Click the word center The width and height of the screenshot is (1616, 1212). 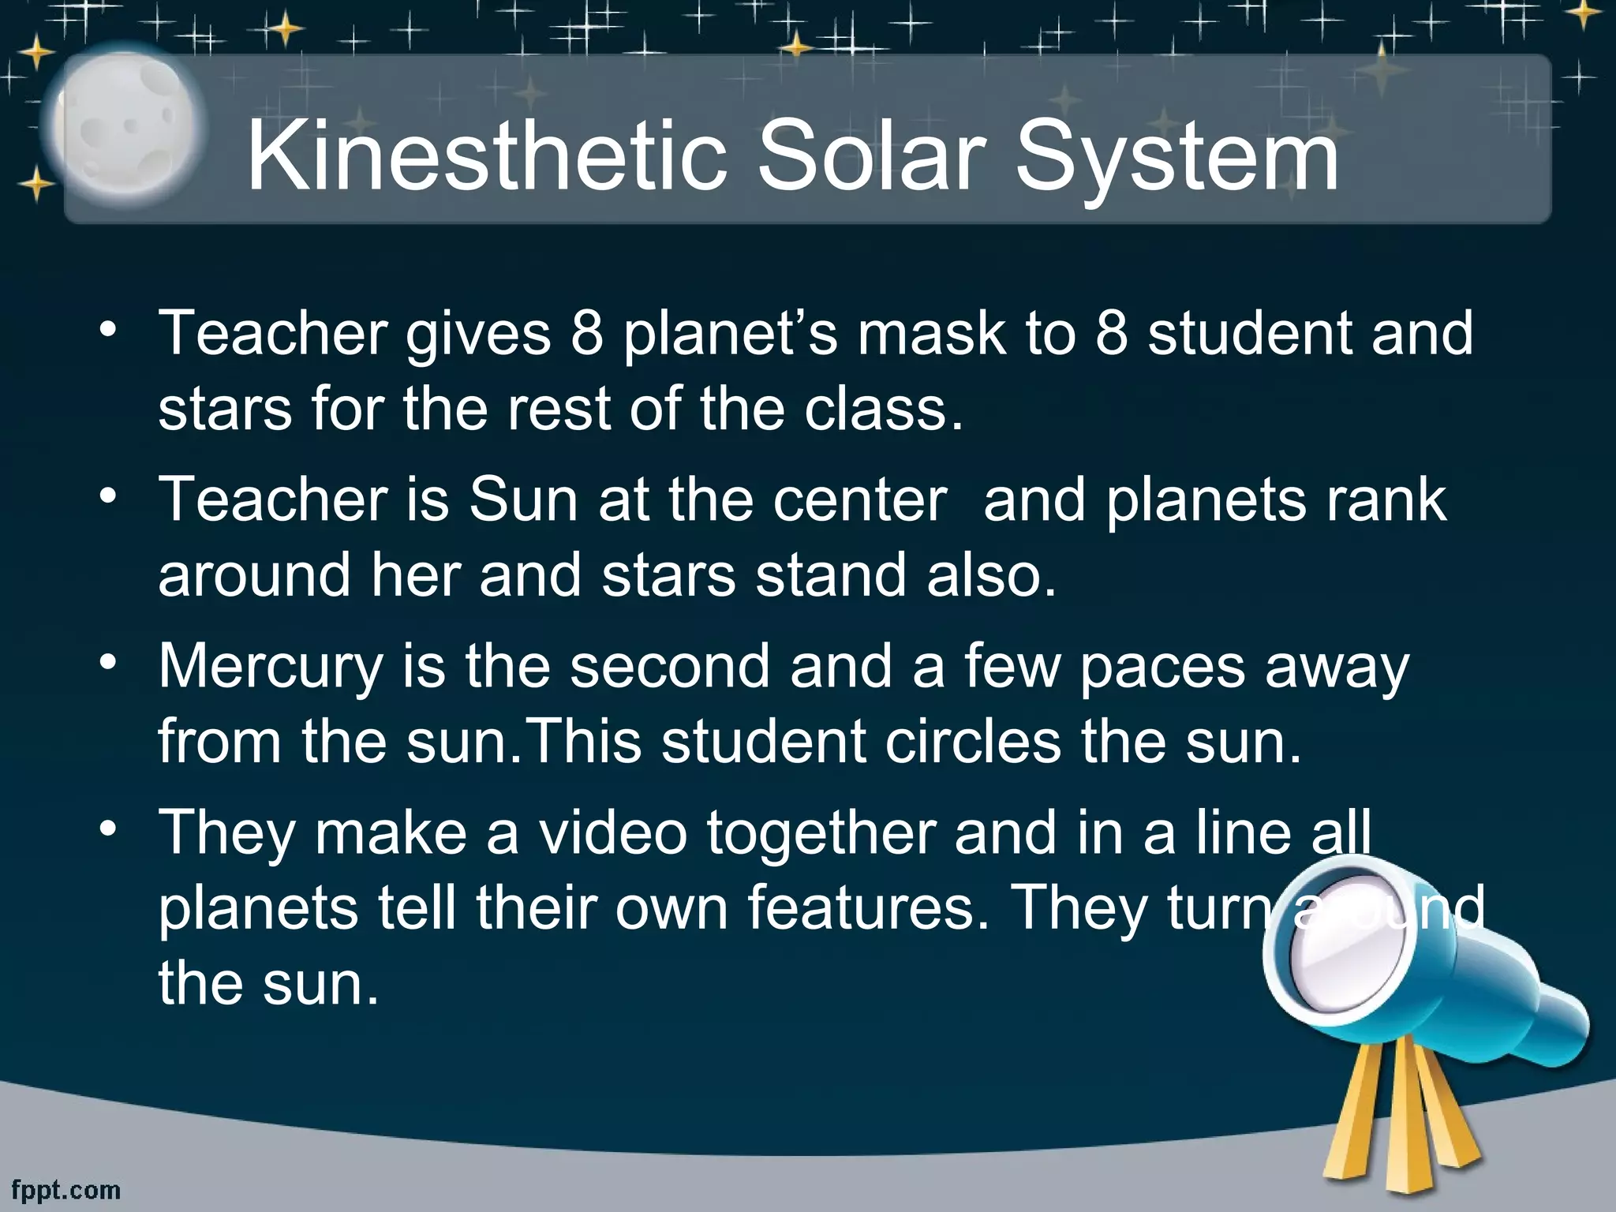click(860, 500)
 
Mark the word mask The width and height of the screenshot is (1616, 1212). click(931, 334)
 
